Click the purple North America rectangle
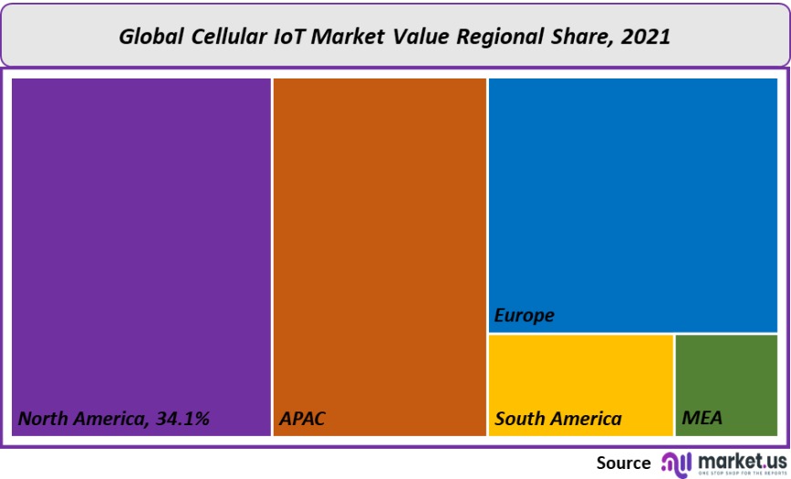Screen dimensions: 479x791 coord(141,237)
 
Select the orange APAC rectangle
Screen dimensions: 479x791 coord(380,237)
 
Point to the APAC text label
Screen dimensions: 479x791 coord(302,420)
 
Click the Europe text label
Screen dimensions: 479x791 coord(524,316)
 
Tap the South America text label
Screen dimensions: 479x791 coord(557,420)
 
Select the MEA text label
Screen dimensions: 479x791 coord(702,419)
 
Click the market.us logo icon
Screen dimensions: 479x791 coord(676,463)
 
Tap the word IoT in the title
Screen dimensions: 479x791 coord(288,36)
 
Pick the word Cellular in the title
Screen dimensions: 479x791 coord(229,36)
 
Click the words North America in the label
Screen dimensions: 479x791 coord(79,419)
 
